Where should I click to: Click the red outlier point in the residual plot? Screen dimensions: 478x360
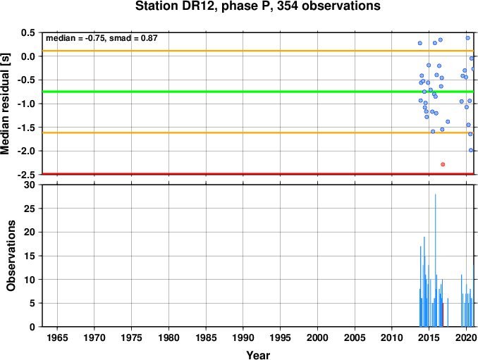(443, 164)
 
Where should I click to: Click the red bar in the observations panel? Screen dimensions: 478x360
(443, 315)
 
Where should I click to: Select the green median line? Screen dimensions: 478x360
(258, 92)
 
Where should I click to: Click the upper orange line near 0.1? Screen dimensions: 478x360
(258, 51)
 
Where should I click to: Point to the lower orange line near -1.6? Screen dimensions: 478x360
(258, 132)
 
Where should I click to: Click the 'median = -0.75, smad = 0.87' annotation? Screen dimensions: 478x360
(102, 38)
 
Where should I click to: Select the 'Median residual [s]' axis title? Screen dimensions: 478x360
(5, 104)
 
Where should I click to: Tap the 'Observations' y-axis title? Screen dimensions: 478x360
(11, 256)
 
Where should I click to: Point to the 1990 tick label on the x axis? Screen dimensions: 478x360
(243, 337)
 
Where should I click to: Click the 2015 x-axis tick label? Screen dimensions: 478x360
(429, 337)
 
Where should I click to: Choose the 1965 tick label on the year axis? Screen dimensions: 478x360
(57, 337)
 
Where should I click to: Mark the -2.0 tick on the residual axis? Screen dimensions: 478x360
(27, 151)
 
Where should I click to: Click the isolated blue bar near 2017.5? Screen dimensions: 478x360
(448, 312)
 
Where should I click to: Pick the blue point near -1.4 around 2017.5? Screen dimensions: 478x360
(448, 122)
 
